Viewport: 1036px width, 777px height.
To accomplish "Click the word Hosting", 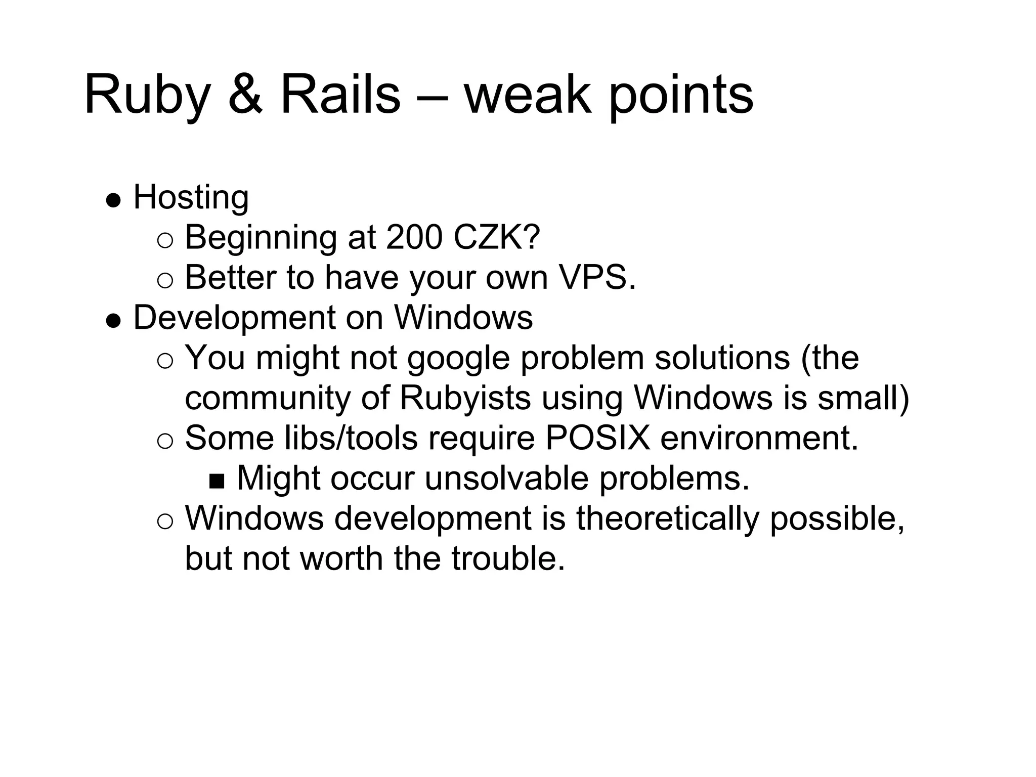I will click(x=191, y=198).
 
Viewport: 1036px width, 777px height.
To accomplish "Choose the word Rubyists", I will click(x=465, y=398).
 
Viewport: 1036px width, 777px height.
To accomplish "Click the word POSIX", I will click(x=597, y=438).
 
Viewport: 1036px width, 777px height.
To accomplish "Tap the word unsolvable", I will click(x=506, y=479).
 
